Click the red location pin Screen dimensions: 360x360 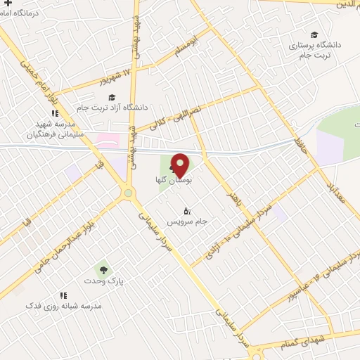pyautogui.click(x=180, y=165)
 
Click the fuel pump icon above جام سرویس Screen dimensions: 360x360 pyautogui.click(x=187, y=210)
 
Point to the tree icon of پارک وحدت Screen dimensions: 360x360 pyautogui.click(x=103, y=269)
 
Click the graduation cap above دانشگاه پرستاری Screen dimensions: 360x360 pyautogui.click(x=314, y=34)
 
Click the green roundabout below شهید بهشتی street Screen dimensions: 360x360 pyautogui.click(x=128, y=192)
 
